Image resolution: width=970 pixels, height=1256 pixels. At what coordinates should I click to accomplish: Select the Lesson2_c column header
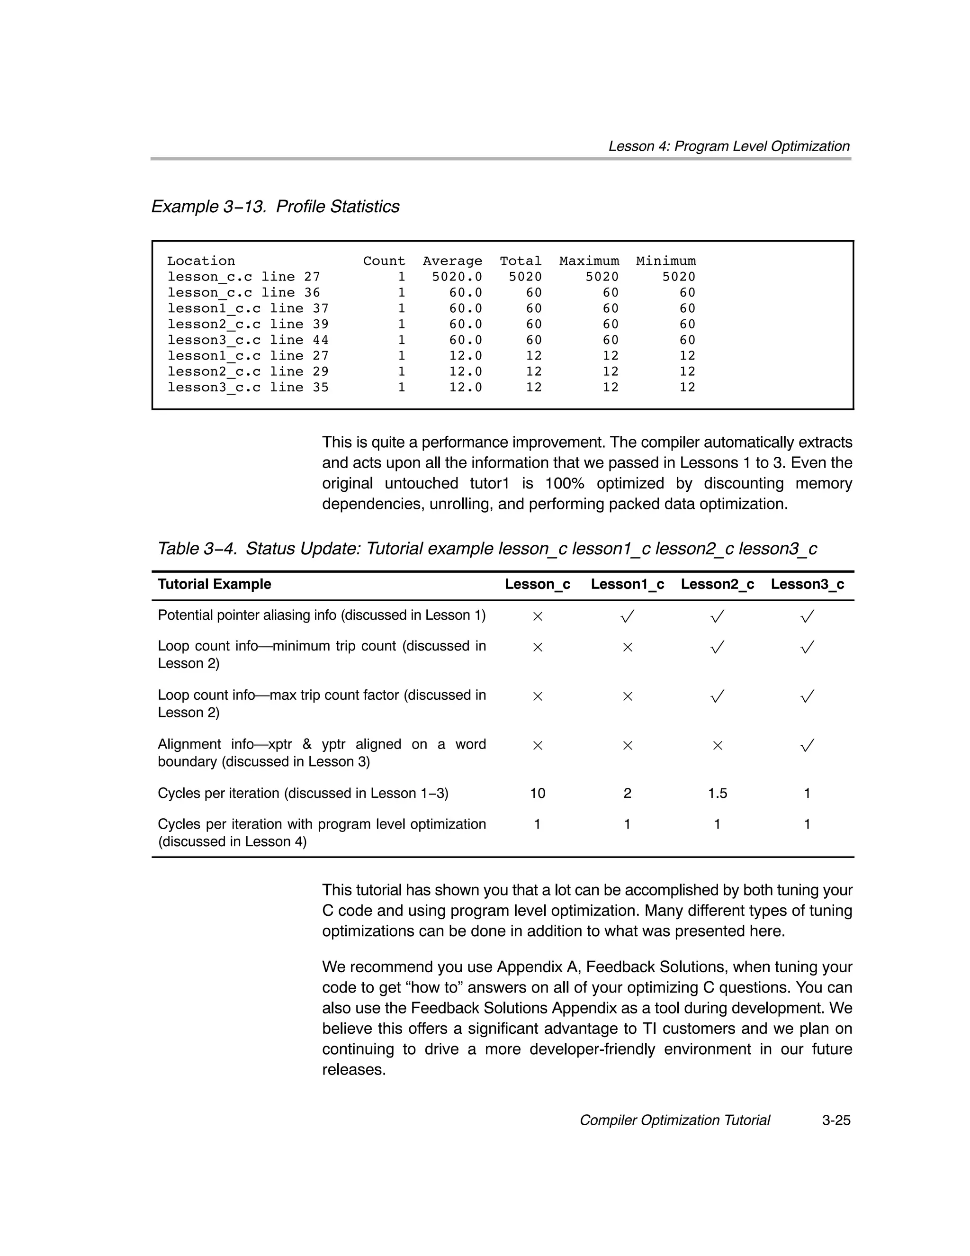pyautogui.click(x=717, y=584)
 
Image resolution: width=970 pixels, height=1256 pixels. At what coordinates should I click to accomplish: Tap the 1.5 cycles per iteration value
pyautogui.click(x=717, y=794)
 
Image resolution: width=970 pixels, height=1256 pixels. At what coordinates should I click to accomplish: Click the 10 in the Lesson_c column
pyautogui.click(x=537, y=794)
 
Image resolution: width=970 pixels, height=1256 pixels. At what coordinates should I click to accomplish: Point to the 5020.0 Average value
pyautogui.click(x=457, y=277)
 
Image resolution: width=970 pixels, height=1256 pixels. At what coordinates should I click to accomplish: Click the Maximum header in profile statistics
pyautogui.click(x=589, y=261)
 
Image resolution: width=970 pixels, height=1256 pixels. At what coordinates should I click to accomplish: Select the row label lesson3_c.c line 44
pyautogui.click(x=248, y=340)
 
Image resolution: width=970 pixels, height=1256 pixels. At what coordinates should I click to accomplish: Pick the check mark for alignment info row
pyautogui.click(x=807, y=746)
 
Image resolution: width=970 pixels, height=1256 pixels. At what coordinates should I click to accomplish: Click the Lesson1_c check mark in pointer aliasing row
pyautogui.click(x=627, y=616)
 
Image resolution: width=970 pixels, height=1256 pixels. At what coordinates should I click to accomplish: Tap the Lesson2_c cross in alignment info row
pyautogui.click(x=717, y=746)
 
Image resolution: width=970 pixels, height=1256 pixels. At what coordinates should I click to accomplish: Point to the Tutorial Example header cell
pyautogui.click(x=215, y=584)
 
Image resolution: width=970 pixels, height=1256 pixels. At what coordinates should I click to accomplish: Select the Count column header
pyautogui.click(x=384, y=261)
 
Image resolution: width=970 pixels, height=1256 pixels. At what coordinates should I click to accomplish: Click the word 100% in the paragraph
pyautogui.click(x=564, y=483)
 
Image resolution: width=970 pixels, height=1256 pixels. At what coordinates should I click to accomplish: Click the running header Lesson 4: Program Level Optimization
pyautogui.click(x=728, y=146)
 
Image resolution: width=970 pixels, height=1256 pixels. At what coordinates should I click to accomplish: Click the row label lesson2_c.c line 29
pyautogui.click(x=248, y=371)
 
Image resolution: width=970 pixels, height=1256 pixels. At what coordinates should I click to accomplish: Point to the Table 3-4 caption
pyautogui.click(x=487, y=549)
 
